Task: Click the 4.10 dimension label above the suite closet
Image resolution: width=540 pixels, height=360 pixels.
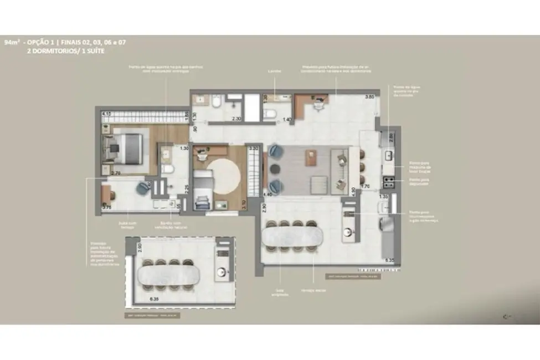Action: click(x=107, y=114)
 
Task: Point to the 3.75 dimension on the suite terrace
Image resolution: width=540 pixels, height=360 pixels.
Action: click(x=107, y=208)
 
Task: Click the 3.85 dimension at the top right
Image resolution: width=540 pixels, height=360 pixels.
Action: click(x=369, y=97)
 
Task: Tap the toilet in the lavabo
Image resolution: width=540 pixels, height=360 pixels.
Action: click(x=270, y=114)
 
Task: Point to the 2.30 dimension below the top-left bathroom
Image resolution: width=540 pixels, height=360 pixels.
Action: click(x=236, y=119)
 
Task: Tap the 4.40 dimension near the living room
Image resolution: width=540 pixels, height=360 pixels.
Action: click(x=269, y=194)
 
